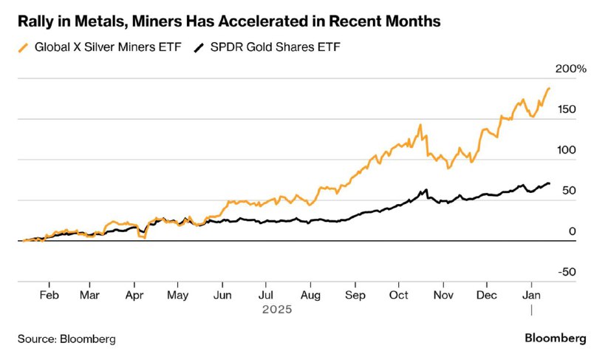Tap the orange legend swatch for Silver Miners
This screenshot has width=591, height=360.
point(24,48)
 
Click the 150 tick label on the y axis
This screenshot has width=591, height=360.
point(567,109)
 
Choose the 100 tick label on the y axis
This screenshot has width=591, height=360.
point(567,150)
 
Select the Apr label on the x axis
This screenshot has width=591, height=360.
point(134,295)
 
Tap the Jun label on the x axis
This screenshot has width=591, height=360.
point(222,295)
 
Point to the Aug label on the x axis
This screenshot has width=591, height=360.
point(310,295)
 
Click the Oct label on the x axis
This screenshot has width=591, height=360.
point(398,295)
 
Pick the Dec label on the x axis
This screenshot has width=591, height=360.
point(487,295)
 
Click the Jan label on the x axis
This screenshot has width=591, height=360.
point(530,295)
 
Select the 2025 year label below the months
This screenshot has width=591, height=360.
point(278,310)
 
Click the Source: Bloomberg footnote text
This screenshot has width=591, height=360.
point(67,339)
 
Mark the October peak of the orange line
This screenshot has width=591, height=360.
point(420,125)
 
